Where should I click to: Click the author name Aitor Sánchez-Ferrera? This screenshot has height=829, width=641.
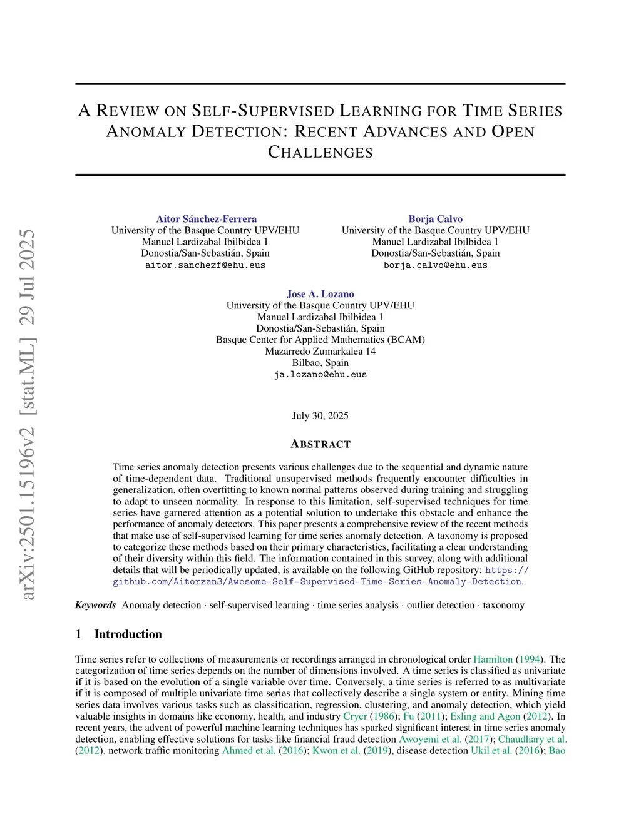pyautogui.click(x=206, y=219)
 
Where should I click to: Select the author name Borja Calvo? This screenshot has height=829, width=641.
pyautogui.click(x=435, y=219)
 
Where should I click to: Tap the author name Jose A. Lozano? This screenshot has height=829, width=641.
pyautogui.click(x=320, y=294)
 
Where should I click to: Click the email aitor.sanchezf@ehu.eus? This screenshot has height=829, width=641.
pyautogui.click(x=205, y=265)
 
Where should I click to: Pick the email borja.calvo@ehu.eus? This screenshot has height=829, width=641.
pyautogui.click(x=435, y=265)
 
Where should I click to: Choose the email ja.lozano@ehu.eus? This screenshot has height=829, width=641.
pyautogui.click(x=320, y=375)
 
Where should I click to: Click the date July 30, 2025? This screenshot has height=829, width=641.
pyautogui.click(x=320, y=416)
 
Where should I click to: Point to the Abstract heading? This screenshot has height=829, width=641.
pyautogui.click(x=320, y=444)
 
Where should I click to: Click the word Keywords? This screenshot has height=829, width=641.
pyautogui.click(x=95, y=605)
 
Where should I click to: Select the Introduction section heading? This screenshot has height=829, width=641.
pyautogui.click(x=128, y=634)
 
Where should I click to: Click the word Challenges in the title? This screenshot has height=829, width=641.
pyautogui.click(x=320, y=153)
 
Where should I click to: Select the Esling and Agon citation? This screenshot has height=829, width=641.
pyautogui.click(x=485, y=716)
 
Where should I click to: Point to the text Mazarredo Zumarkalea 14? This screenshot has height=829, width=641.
pyautogui.click(x=320, y=352)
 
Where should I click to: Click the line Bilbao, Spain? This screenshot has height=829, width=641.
pyautogui.click(x=320, y=363)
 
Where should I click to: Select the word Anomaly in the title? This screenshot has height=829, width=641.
pyautogui.click(x=146, y=132)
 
